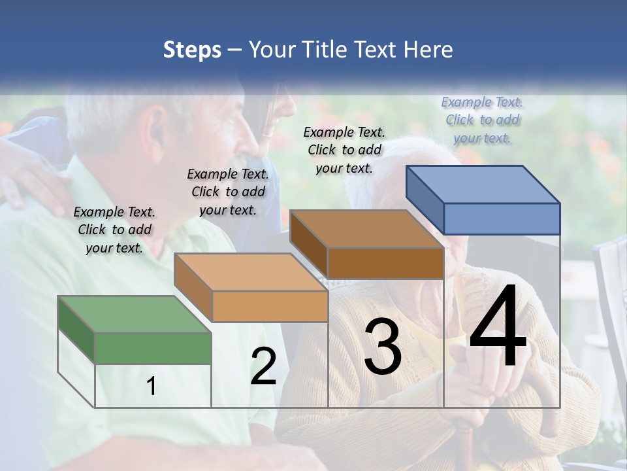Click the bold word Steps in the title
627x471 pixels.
[x=192, y=50]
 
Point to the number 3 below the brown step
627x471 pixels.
[x=383, y=347]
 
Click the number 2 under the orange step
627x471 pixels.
[x=263, y=367]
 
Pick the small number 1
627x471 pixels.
[x=151, y=387]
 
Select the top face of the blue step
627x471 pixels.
[x=482, y=184]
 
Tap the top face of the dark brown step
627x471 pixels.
[x=366, y=228]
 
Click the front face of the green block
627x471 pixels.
[x=153, y=347]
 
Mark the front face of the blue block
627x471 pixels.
[x=502, y=218]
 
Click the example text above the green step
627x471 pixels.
[x=114, y=230]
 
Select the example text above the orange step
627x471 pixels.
[x=228, y=192]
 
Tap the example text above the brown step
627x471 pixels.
[x=344, y=150]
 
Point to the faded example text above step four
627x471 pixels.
[x=482, y=120]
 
